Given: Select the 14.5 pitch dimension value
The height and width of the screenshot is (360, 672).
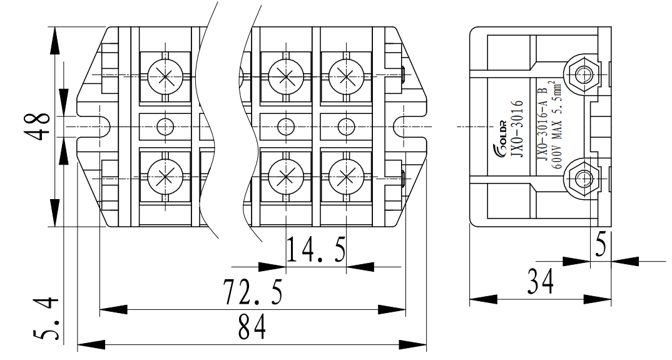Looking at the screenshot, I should pos(316,250).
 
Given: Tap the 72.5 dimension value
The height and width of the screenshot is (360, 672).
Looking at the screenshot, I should pos(253,292).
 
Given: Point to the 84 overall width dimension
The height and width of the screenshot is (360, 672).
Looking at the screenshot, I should pos(252,327).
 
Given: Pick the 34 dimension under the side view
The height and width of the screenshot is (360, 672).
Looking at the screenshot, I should pos(539,282).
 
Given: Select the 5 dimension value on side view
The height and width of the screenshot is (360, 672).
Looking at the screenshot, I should pos(600,246).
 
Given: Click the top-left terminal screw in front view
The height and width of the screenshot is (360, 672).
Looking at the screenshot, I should pos(165,76).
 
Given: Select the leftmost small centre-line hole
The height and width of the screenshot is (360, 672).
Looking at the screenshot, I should pos(165,126).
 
